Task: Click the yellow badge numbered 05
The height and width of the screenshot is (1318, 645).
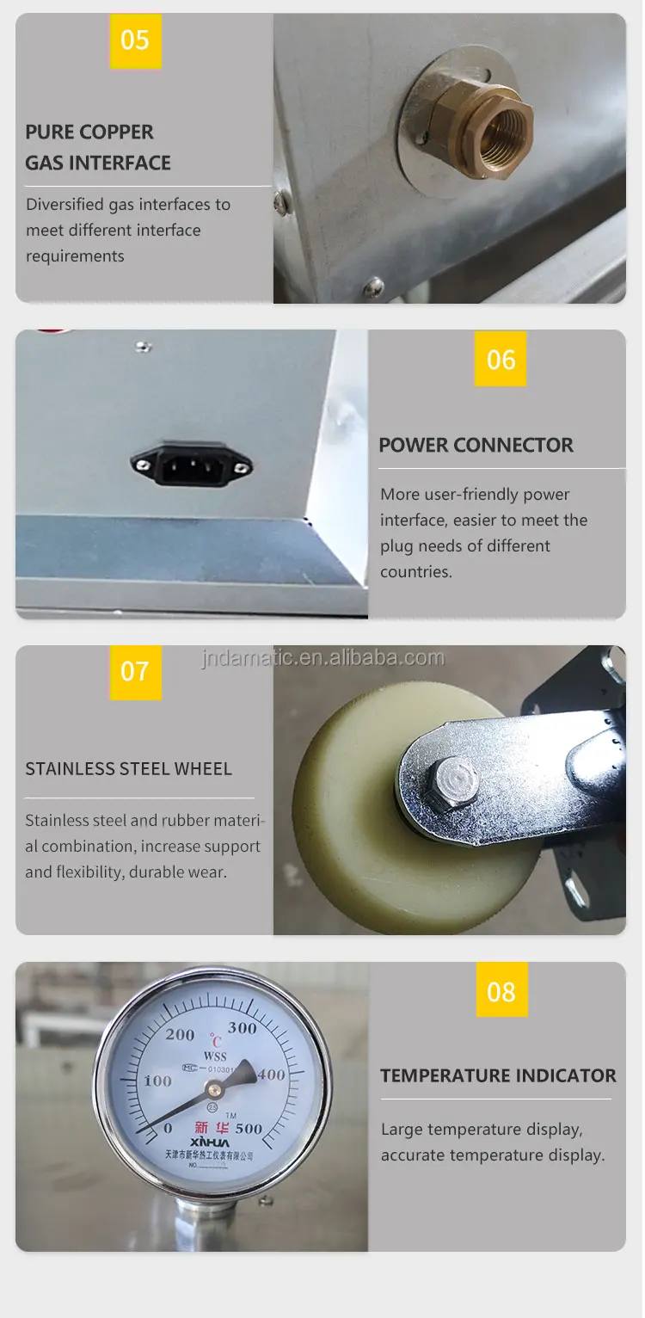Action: (135, 40)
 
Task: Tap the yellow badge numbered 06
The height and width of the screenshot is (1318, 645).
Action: (501, 359)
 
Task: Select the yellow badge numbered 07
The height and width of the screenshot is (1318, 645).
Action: (135, 671)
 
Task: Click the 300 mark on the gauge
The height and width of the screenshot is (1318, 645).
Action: (243, 1027)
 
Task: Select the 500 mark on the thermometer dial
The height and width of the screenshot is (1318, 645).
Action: (248, 1128)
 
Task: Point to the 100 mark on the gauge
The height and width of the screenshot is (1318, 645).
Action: (157, 1081)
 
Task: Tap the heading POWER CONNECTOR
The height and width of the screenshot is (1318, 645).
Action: (476, 445)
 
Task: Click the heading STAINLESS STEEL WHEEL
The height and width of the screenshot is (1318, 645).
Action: (128, 768)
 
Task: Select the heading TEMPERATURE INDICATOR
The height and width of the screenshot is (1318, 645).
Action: (498, 1075)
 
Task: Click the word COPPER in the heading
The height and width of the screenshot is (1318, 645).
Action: (114, 132)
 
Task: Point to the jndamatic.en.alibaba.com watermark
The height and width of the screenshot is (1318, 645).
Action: (322, 658)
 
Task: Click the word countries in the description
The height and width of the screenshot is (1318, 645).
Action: (415, 571)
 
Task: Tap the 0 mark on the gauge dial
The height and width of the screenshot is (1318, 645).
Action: (168, 1128)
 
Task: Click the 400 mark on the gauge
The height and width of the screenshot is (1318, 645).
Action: (272, 1075)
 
